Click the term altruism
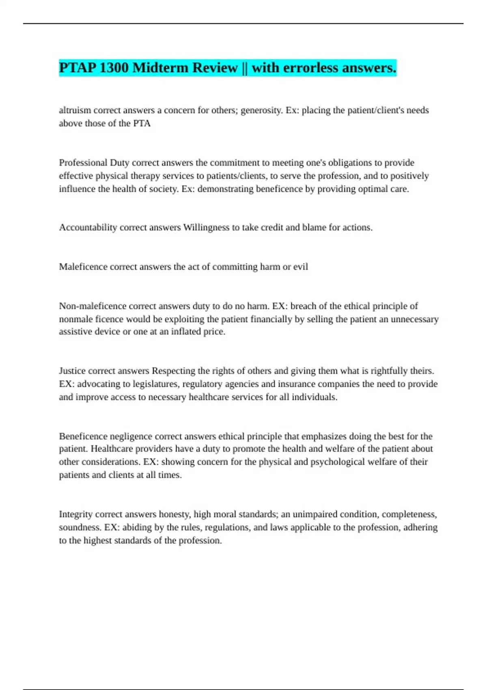click(x=75, y=110)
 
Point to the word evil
click(x=301, y=267)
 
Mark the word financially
click(x=271, y=319)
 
